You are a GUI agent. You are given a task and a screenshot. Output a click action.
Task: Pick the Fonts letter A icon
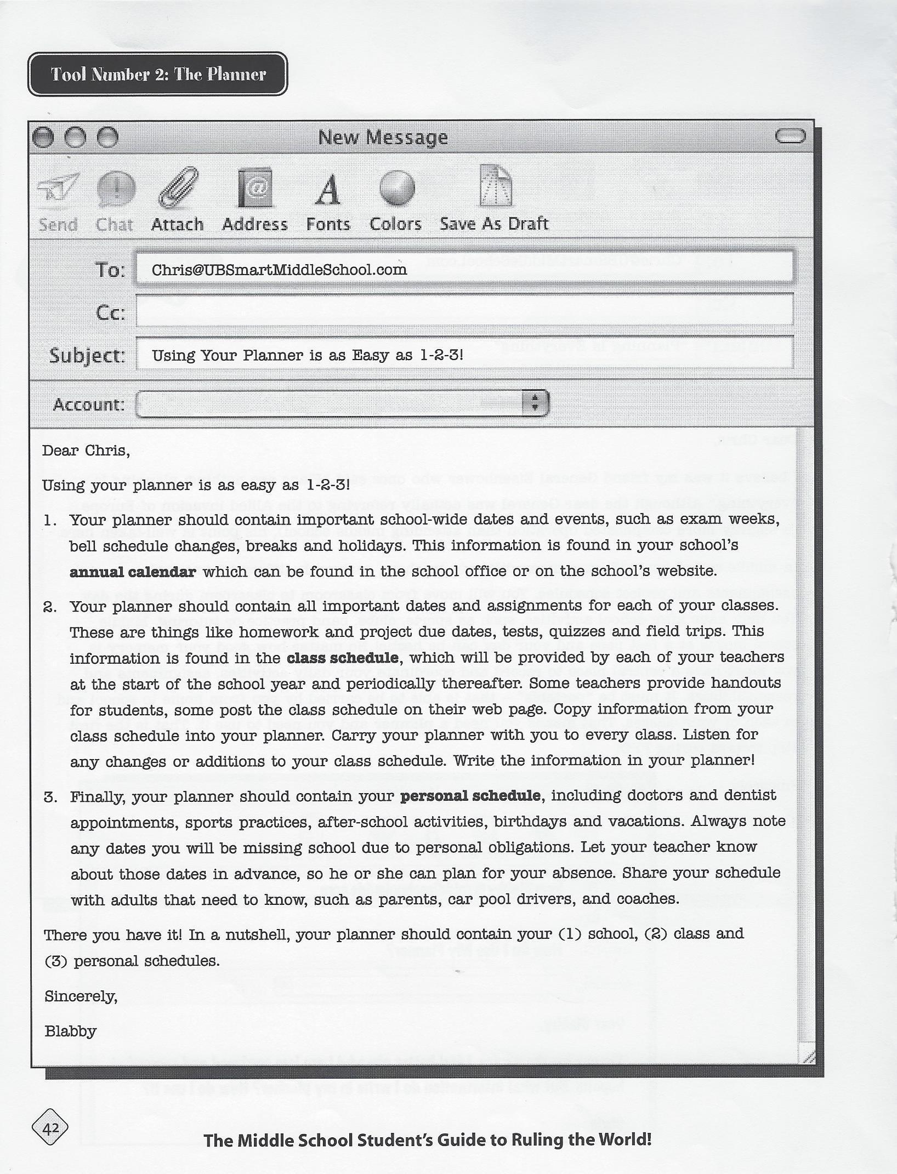point(328,190)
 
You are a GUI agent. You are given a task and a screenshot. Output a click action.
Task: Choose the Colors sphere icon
point(396,188)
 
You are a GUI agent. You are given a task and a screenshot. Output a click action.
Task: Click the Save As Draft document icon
point(496,186)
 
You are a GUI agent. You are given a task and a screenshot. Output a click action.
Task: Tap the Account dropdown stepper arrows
point(535,403)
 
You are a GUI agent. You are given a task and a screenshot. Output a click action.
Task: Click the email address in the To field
point(279,270)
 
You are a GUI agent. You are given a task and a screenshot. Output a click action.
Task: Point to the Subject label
point(87,355)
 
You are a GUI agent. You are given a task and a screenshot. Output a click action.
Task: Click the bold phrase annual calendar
point(133,572)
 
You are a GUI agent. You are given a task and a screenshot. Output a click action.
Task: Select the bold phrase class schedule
point(343,657)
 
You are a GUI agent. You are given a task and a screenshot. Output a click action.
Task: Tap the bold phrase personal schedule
point(470,795)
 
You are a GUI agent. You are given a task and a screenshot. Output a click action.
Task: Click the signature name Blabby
point(70,1031)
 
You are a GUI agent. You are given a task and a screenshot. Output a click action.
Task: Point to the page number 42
point(50,1128)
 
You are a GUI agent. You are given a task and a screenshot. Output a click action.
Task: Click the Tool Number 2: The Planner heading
point(158,74)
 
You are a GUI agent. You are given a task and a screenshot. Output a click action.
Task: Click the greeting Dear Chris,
point(86,451)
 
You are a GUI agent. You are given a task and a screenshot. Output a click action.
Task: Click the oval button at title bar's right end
point(791,136)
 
